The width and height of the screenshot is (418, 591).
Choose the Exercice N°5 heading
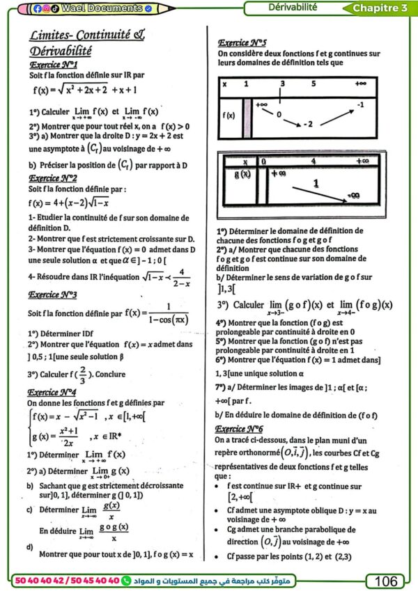tap(242, 42)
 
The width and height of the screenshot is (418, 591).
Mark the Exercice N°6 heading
tap(240, 429)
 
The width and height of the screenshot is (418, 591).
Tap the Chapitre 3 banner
tap(380, 8)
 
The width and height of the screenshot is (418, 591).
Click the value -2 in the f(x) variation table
tap(311, 124)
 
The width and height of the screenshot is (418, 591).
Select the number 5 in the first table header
tap(313, 84)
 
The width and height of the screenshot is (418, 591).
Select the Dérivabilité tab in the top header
tap(293, 8)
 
